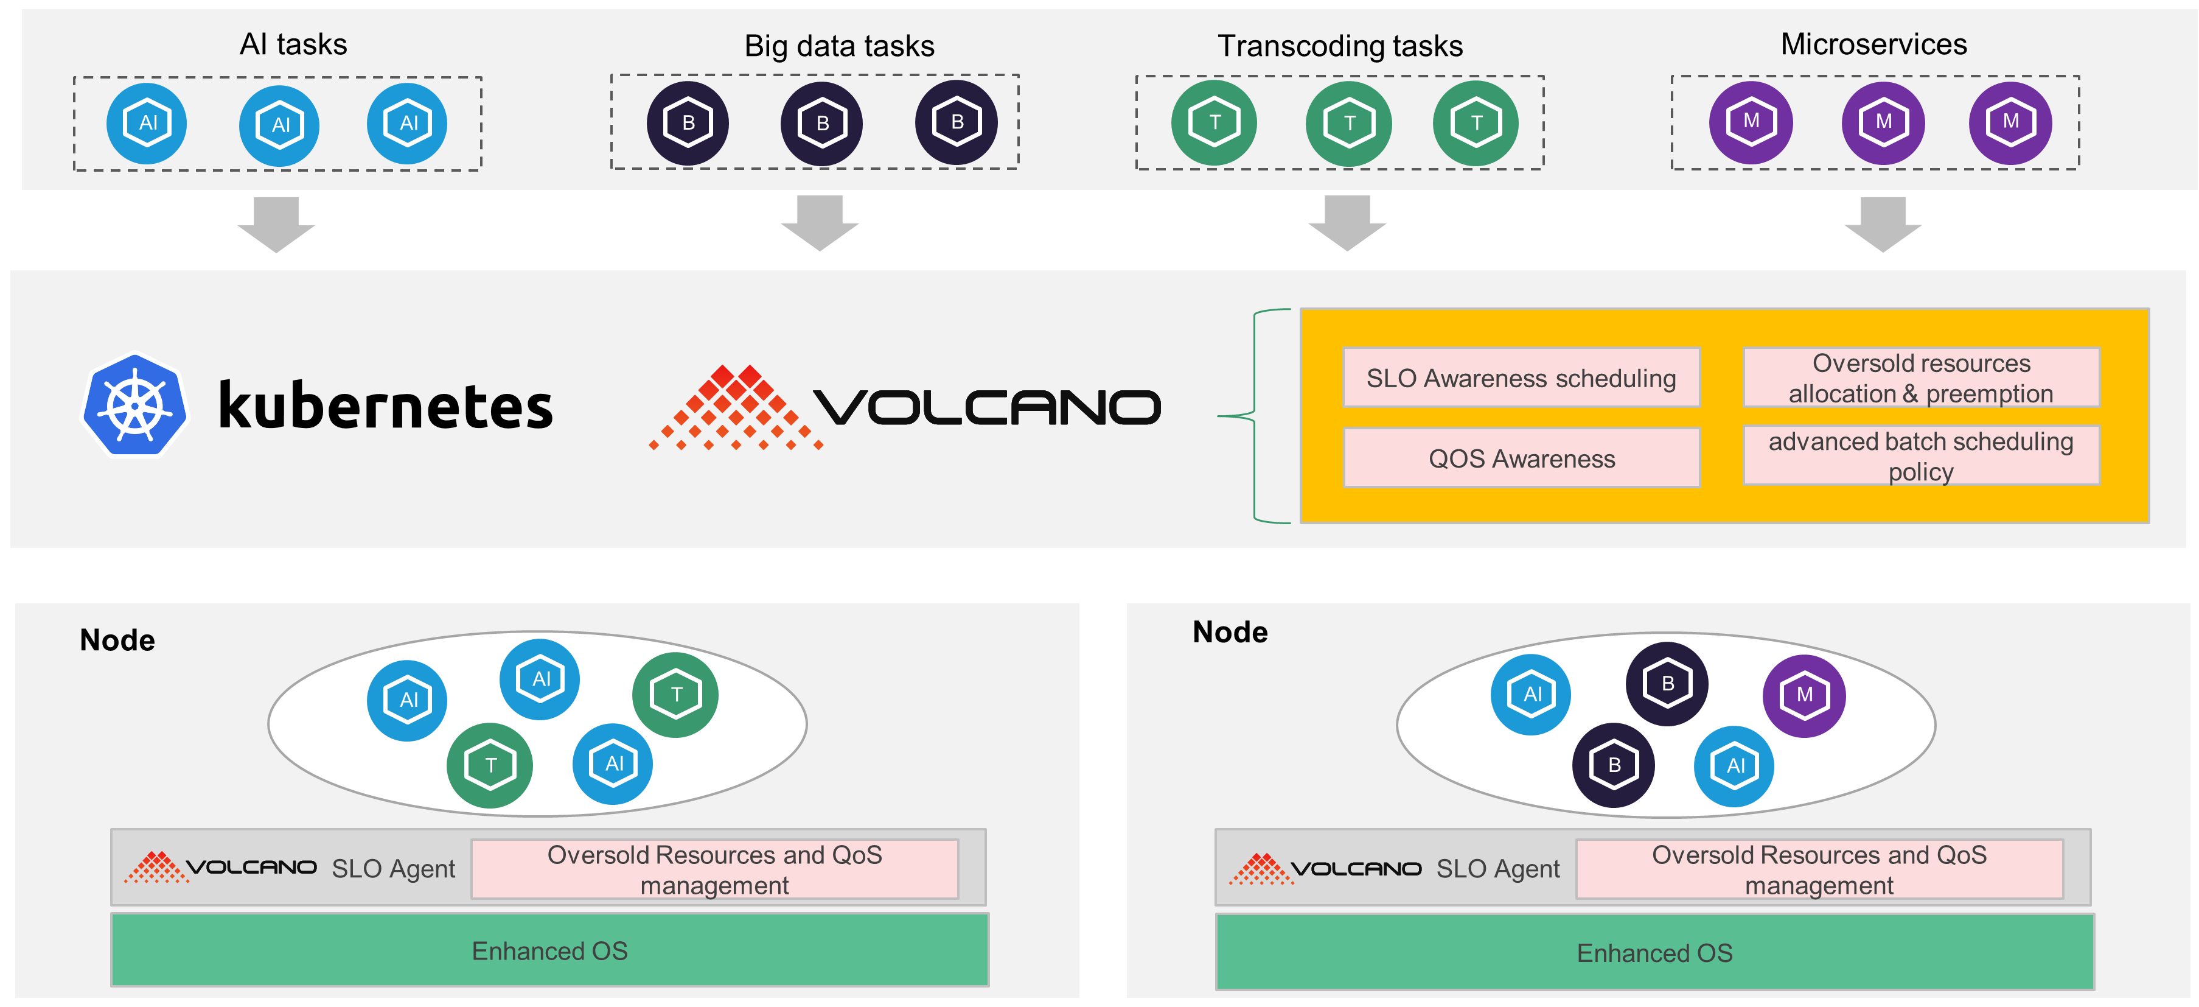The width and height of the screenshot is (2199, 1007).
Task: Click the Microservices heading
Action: (1873, 44)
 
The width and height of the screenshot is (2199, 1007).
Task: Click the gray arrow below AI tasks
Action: (276, 224)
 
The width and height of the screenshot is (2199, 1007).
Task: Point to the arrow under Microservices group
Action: (1883, 224)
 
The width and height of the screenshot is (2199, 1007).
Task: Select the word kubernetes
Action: (385, 407)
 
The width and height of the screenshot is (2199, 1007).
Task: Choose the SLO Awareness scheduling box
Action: (1521, 377)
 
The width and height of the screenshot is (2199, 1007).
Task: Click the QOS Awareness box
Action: (1521, 458)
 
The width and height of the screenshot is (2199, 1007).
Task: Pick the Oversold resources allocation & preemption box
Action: (1921, 377)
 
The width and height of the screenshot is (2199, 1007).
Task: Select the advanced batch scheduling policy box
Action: (1921, 456)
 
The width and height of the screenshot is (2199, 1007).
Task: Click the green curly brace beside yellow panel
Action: (1255, 416)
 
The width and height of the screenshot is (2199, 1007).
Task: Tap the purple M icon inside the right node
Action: (1803, 695)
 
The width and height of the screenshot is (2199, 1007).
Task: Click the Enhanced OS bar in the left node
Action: (550, 950)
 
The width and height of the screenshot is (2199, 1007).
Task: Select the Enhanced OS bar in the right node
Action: (1654, 952)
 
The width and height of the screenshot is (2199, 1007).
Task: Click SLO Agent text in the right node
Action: (1497, 869)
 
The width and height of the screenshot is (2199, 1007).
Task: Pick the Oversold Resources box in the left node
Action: (714, 869)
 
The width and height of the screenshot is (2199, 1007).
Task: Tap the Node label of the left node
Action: (117, 640)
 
